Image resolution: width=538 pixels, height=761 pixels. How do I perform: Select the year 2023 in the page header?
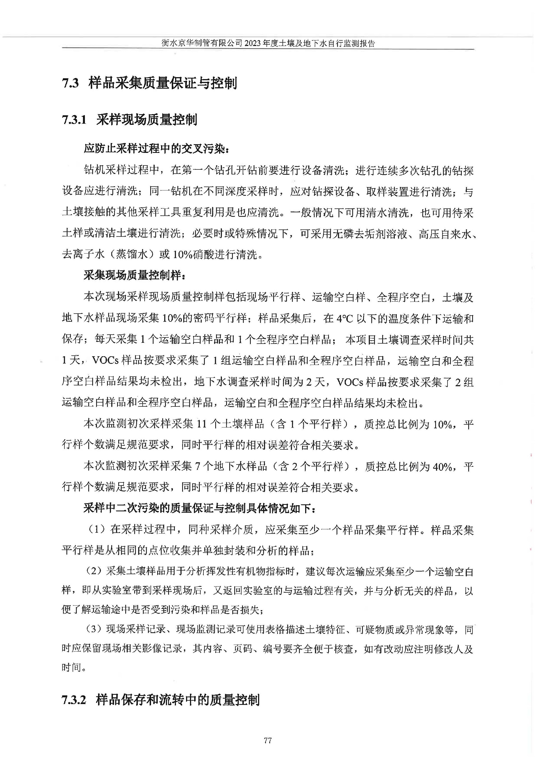[253, 43]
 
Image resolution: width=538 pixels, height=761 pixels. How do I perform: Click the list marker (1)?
[97, 530]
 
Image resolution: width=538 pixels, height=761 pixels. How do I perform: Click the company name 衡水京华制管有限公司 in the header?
[202, 43]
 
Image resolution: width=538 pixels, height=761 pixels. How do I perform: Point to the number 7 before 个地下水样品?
[198, 467]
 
